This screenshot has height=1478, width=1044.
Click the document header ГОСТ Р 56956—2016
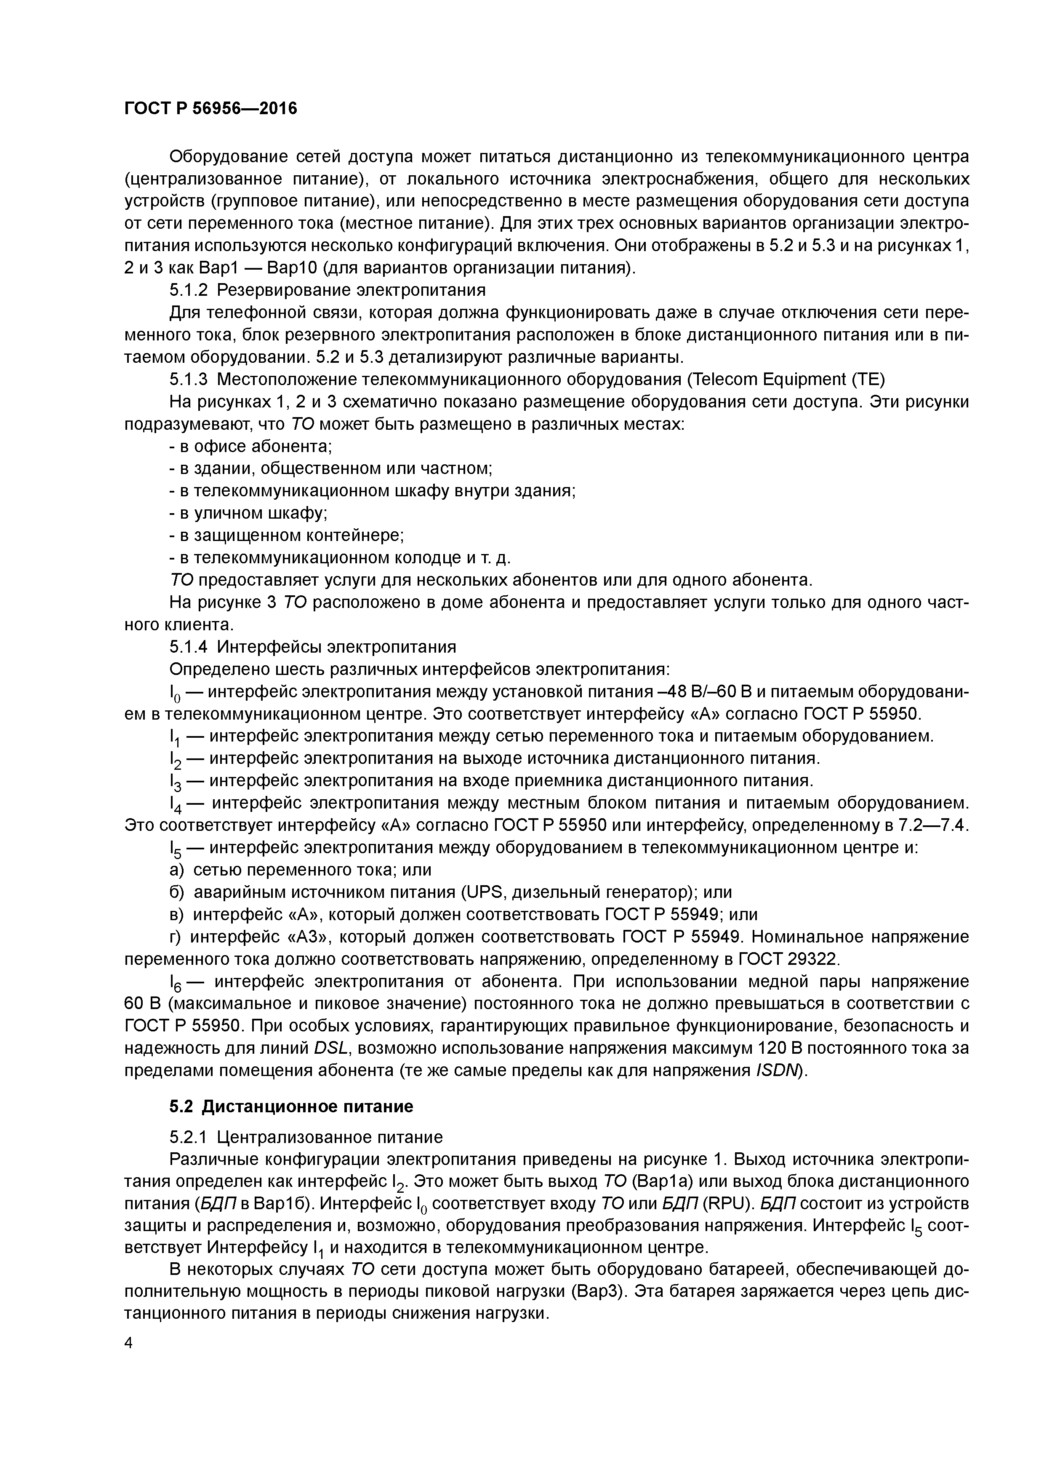tap(210, 109)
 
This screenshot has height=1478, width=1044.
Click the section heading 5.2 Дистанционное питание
tap(291, 1106)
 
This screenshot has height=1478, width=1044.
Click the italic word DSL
tap(331, 1049)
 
